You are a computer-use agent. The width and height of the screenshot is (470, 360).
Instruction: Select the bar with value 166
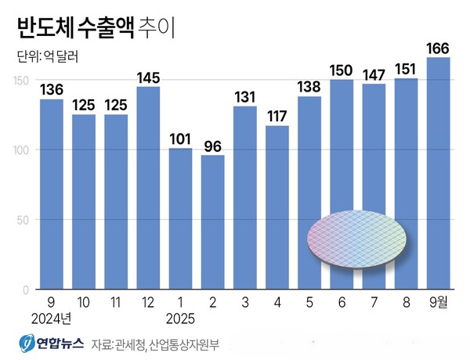point(437,172)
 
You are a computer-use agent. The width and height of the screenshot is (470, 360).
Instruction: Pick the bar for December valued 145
point(148,188)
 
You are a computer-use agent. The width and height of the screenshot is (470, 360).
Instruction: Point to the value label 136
point(52,89)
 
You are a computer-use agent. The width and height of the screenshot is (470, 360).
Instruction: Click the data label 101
point(180,139)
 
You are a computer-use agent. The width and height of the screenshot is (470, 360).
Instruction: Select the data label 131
point(244,97)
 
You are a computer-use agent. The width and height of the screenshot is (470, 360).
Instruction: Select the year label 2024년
point(52,319)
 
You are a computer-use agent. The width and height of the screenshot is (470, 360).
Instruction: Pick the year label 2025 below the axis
point(180,319)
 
